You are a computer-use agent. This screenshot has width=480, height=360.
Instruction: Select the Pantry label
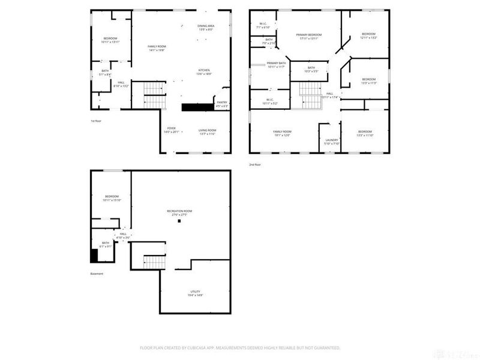[221, 103]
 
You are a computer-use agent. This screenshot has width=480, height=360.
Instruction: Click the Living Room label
[207, 131]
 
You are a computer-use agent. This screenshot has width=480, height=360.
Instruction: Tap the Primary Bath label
[277, 64]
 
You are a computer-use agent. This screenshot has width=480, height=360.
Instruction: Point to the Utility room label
[196, 293]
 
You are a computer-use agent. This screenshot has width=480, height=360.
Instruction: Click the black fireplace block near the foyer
[197, 107]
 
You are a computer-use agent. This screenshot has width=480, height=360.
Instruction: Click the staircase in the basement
[154, 261]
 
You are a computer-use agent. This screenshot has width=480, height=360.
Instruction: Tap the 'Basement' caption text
[97, 274]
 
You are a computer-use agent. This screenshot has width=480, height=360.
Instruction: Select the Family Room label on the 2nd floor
[282, 133]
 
